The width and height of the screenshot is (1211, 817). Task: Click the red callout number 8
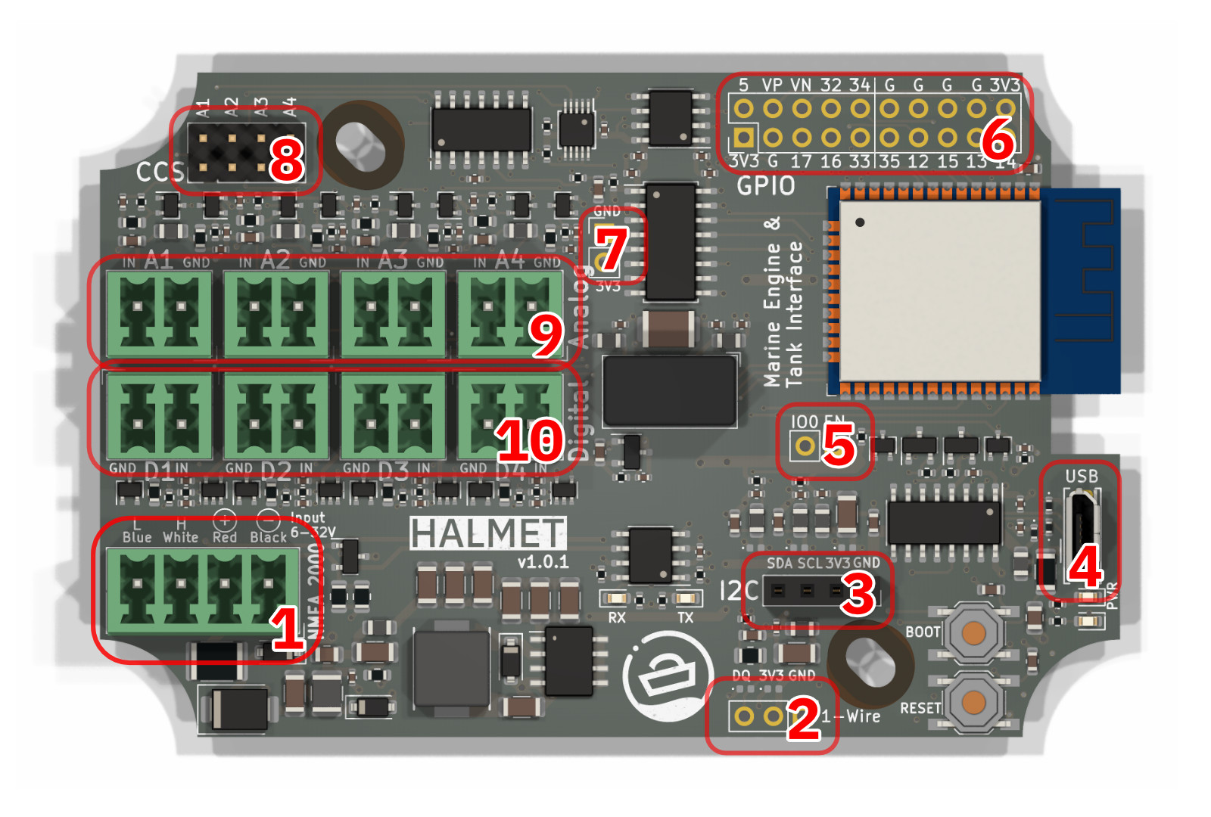[286, 160]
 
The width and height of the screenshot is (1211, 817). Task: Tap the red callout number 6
[998, 138]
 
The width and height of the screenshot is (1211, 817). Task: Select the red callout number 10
[530, 440]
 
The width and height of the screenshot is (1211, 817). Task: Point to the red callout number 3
[858, 594]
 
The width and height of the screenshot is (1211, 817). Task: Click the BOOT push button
[973, 632]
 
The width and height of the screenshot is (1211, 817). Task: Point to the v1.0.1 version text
[543, 562]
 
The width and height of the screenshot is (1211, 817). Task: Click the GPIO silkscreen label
[765, 185]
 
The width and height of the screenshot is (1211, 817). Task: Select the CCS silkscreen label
[160, 172]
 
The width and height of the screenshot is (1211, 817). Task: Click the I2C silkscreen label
[738, 590]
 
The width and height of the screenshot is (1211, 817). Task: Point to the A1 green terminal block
[159, 312]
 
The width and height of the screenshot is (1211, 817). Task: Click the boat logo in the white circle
[667, 676]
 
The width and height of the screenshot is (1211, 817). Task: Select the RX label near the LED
[617, 617]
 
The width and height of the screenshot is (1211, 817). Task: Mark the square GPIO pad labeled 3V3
[743, 137]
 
